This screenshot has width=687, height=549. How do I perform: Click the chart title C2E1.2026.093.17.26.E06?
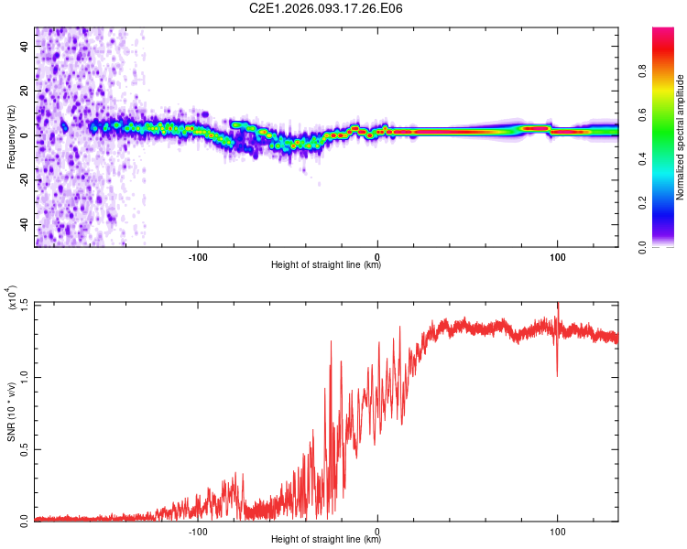click(x=326, y=9)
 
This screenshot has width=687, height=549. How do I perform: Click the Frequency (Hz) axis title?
click(x=11, y=137)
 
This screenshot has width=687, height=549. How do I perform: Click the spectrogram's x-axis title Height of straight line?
click(x=326, y=264)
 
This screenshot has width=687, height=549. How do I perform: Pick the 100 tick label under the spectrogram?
click(x=557, y=255)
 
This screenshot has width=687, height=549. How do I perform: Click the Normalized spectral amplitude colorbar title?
click(x=681, y=137)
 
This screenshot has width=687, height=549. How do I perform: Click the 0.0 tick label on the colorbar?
click(x=666, y=246)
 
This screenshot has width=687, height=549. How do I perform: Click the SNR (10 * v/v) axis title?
click(x=11, y=412)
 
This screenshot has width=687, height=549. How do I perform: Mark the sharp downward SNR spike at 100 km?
click(x=557, y=373)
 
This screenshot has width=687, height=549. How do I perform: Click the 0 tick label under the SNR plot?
click(x=377, y=530)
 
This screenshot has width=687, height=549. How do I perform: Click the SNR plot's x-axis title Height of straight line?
click(x=326, y=539)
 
